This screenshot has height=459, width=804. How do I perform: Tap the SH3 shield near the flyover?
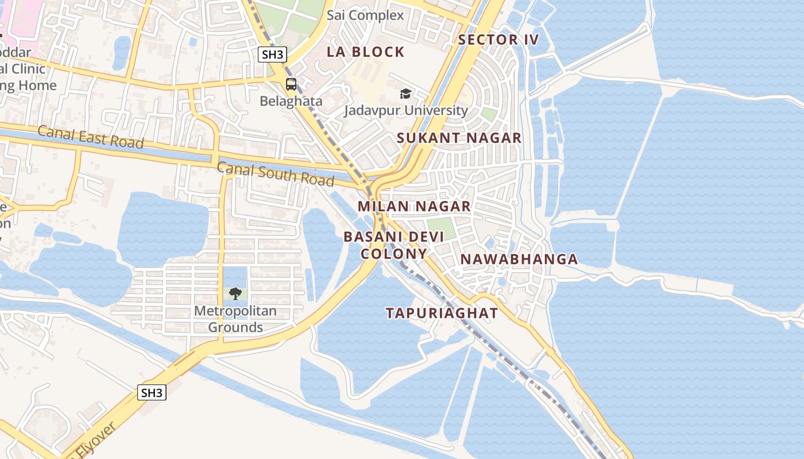coord(152,392)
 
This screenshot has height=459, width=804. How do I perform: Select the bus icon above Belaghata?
coord(291,84)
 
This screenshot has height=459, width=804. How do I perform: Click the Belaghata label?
coord(291,102)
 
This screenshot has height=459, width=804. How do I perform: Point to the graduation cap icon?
coord(405,94)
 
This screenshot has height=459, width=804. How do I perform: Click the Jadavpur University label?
coord(406,110)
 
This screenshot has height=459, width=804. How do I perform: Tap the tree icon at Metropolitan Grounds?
coord(235,294)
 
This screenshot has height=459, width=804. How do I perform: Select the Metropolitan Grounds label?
coord(235,319)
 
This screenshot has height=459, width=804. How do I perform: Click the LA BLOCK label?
coord(366,52)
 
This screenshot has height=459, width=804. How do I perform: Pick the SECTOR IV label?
coord(499,39)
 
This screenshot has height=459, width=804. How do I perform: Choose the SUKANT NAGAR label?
coord(459,138)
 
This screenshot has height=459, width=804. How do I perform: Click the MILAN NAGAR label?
coord(414,206)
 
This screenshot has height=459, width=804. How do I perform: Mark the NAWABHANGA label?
coord(519,259)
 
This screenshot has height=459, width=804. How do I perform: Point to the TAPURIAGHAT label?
coord(442,313)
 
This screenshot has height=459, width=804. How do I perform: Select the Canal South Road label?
coord(276,174)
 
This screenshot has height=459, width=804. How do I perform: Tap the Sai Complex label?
coord(365,15)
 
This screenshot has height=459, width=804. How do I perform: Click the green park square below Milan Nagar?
coord(441,228)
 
